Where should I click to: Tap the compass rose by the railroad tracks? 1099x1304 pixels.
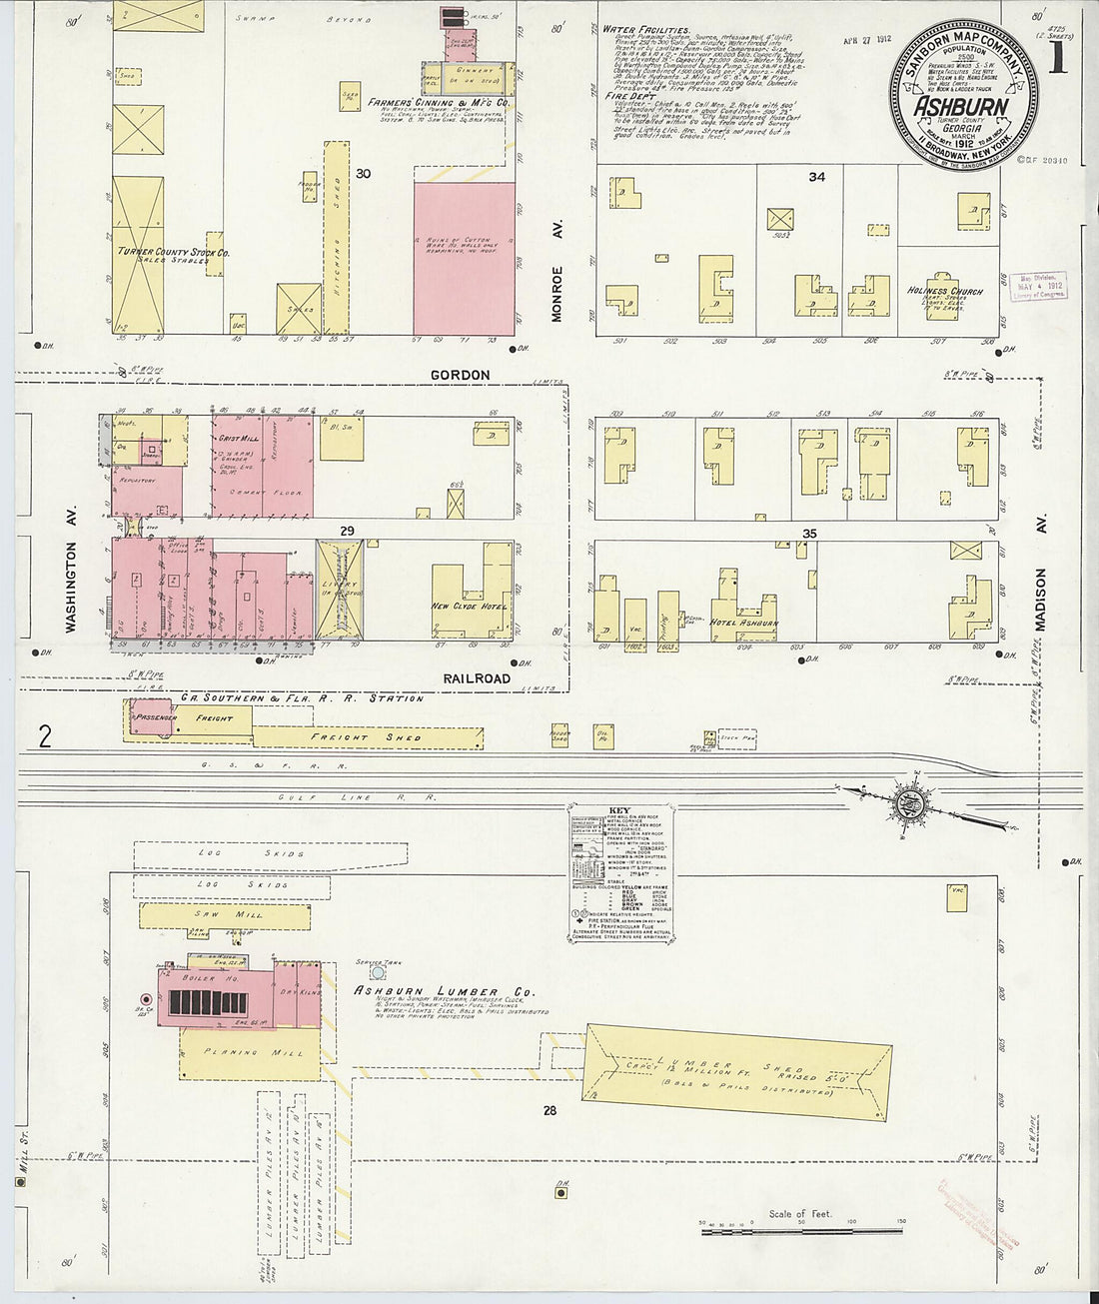click(x=911, y=804)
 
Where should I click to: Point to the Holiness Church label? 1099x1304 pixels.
click(x=945, y=292)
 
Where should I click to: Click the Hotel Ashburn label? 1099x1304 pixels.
click(x=744, y=623)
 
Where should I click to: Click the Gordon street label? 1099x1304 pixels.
click(x=460, y=375)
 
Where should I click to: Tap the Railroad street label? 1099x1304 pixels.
click(x=477, y=677)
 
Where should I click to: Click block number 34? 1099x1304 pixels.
click(x=816, y=177)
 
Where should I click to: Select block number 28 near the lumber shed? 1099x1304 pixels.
click(x=549, y=1109)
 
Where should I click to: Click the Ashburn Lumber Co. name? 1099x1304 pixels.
click(x=445, y=991)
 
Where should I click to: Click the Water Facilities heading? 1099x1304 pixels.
click(x=646, y=31)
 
